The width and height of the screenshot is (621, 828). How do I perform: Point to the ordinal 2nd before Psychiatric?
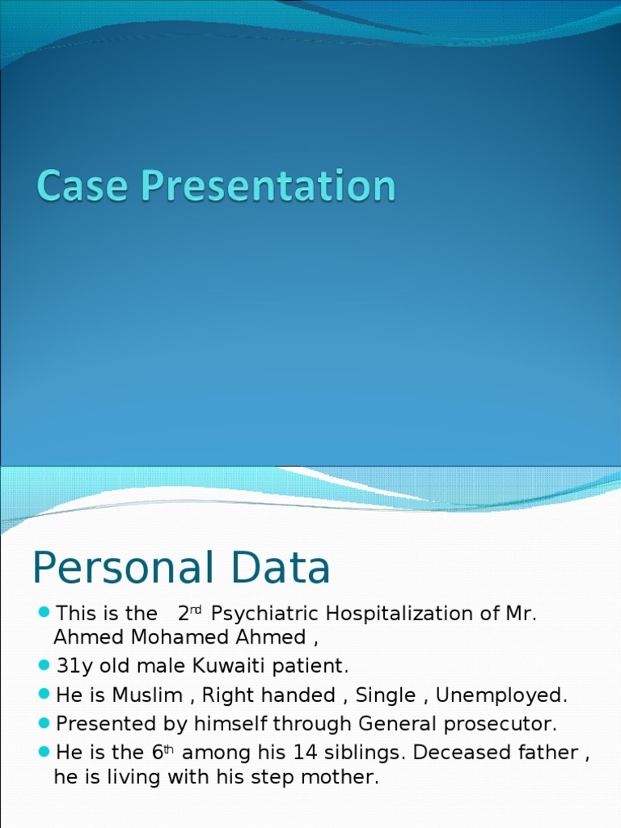(189, 613)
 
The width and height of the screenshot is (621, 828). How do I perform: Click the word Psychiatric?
(263, 614)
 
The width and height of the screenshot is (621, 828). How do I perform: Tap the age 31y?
(72, 666)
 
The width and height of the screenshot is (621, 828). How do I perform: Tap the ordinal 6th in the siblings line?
(163, 751)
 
